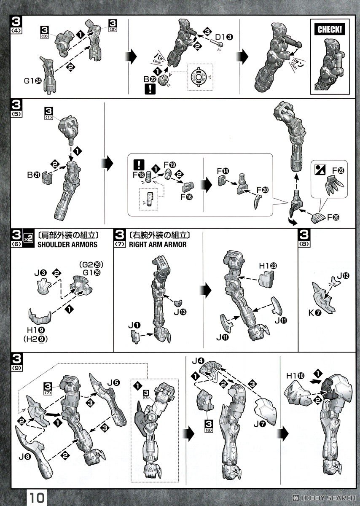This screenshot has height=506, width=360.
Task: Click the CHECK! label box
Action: pyautogui.click(x=330, y=30)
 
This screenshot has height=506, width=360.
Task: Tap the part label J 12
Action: pyautogui.click(x=343, y=277)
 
